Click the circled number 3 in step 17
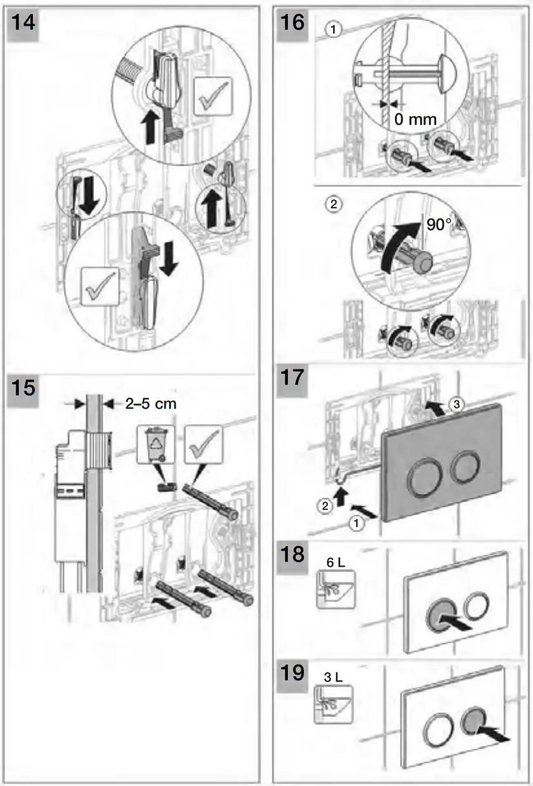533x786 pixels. pos(456,404)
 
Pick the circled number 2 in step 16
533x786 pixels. pos(332,204)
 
